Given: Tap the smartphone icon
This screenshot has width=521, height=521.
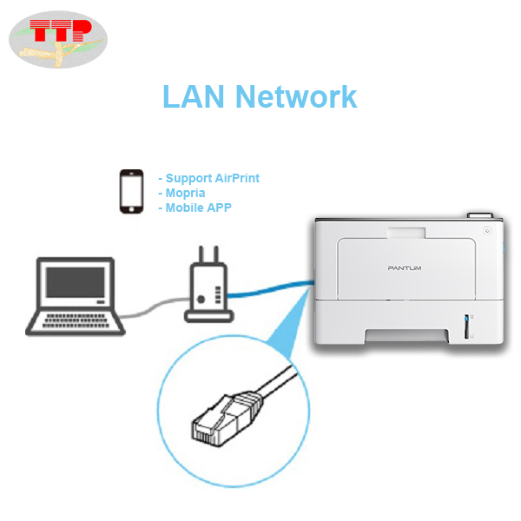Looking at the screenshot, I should click(x=131, y=192).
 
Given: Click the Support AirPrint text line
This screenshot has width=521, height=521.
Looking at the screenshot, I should click(x=208, y=178).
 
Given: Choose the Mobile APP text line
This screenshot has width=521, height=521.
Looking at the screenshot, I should click(x=195, y=208).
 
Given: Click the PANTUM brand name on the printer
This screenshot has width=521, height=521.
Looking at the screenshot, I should click(x=404, y=268).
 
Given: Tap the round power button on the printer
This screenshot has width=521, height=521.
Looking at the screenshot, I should click(x=487, y=232).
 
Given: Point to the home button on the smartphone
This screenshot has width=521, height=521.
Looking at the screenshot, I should click(x=131, y=209).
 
